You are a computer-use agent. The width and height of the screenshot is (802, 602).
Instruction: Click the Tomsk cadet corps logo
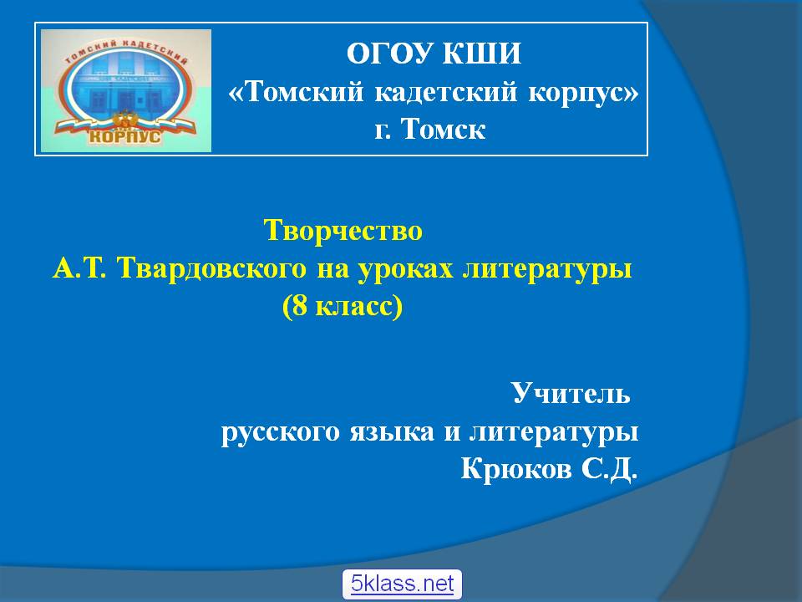(126, 90)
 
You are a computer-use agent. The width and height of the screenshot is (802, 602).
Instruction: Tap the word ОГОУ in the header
(390, 54)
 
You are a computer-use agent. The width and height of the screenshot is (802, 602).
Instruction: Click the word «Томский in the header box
(296, 92)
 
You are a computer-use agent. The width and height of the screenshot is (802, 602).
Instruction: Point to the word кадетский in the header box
(446, 92)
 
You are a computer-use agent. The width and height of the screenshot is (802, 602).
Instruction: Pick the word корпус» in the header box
(583, 93)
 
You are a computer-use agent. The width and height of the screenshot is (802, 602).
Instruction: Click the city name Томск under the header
(443, 129)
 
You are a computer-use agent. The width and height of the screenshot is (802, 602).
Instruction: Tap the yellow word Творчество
(343, 230)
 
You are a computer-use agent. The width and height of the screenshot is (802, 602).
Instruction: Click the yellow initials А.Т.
(79, 268)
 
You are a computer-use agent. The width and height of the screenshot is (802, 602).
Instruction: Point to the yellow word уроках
(406, 269)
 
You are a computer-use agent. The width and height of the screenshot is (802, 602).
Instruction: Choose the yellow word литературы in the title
(547, 269)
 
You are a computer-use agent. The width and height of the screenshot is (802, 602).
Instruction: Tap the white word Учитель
(571, 393)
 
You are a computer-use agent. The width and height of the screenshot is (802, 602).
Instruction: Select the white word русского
(281, 432)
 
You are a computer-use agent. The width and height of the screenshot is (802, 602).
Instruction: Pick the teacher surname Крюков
(516, 468)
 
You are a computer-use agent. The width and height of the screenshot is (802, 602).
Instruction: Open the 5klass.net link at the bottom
(402, 584)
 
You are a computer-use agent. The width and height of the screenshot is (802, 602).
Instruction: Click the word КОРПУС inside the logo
(124, 136)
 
